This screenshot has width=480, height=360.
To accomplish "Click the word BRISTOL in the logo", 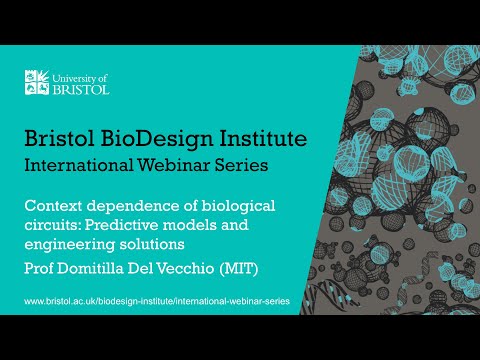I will point(80,88).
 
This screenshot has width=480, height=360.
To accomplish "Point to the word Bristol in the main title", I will point(62,137).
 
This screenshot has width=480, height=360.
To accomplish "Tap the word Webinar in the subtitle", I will point(176,164).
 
